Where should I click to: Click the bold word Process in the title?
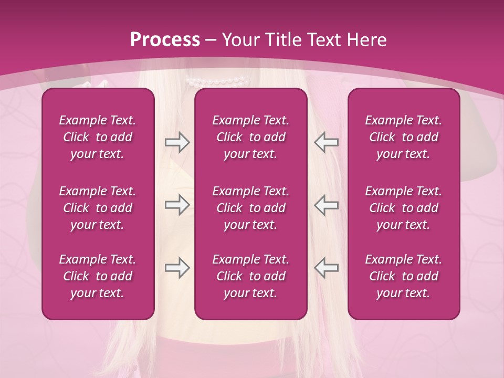tap(165, 40)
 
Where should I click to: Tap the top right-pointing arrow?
tap(177, 142)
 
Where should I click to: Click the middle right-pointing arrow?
tap(177, 204)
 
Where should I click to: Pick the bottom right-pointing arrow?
tap(177, 268)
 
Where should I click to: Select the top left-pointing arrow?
tap(327, 142)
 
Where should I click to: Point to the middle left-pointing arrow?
tap(327, 204)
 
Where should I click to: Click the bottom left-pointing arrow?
tap(327, 268)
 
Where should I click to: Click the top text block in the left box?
tap(98, 137)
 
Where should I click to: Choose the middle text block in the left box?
tap(98, 207)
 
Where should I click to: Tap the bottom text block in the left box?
tap(98, 276)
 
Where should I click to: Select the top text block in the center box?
tap(250, 137)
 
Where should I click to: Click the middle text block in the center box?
tap(250, 207)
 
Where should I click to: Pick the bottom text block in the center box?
tap(250, 276)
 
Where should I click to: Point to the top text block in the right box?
tap(403, 137)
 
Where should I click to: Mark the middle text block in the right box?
tap(403, 207)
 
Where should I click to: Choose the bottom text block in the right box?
tap(403, 276)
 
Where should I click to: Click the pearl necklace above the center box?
tap(217, 82)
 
